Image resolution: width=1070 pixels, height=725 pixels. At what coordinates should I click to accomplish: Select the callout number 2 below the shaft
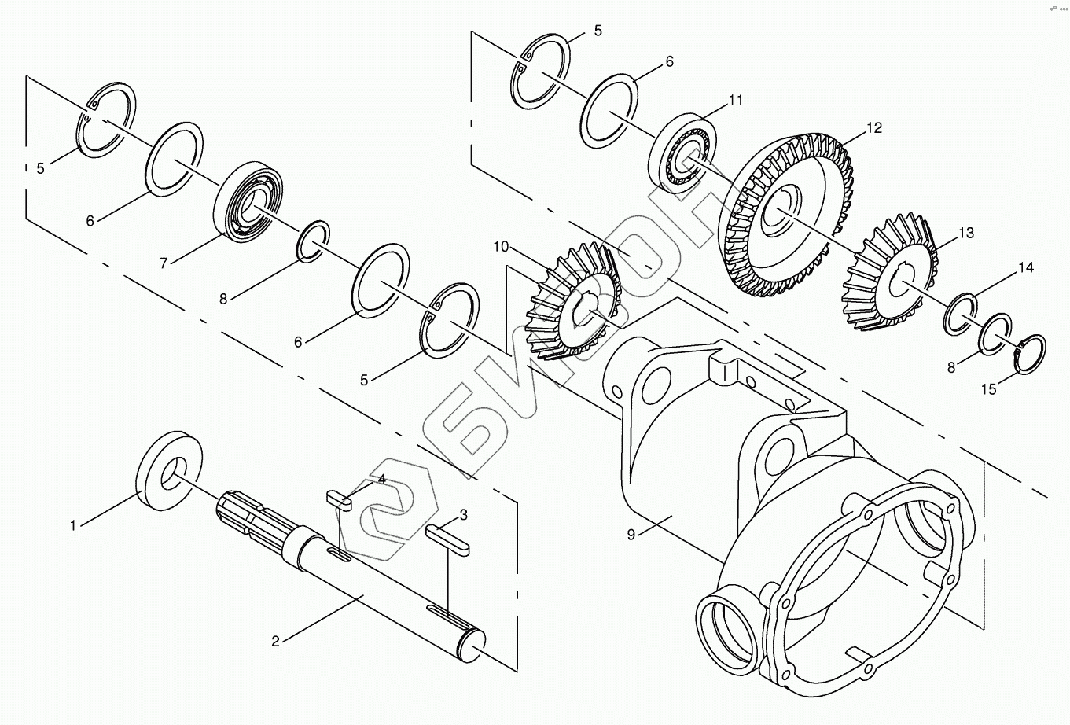(276, 641)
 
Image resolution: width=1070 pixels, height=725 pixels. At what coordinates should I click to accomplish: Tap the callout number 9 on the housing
(631, 535)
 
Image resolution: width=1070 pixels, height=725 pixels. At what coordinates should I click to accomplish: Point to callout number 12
(875, 127)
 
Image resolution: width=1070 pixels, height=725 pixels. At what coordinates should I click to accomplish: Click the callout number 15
(990, 388)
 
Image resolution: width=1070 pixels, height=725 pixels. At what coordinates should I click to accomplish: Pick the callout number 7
(164, 263)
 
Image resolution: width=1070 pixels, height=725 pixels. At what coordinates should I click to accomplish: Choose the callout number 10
(501, 247)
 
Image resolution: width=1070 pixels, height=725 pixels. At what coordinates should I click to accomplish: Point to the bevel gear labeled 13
(892, 280)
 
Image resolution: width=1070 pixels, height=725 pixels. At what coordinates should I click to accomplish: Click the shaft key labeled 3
(448, 542)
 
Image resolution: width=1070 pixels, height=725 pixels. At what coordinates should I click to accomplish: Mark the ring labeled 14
(961, 313)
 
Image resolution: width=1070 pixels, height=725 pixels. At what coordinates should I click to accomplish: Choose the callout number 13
(965, 234)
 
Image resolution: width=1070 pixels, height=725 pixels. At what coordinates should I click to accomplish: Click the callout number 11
(735, 100)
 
